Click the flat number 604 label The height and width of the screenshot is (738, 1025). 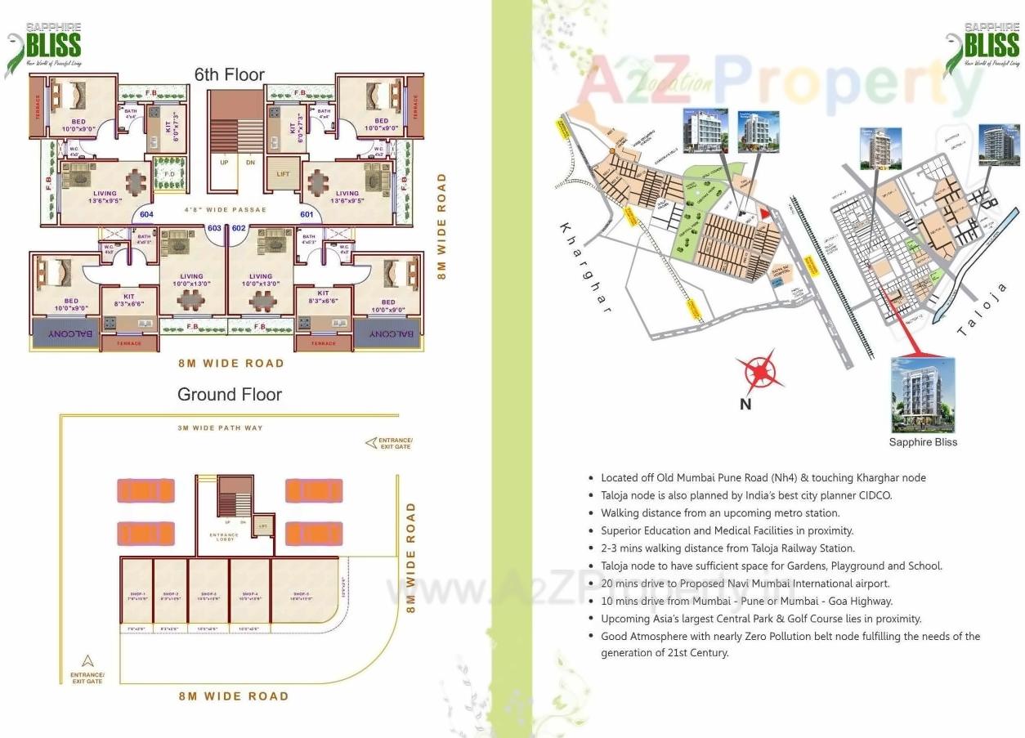[146, 215]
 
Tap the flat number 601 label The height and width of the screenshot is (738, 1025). [307, 215]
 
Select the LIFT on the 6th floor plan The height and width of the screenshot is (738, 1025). [283, 174]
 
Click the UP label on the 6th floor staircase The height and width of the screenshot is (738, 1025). [222, 163]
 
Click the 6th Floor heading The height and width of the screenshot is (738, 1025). [229, 74]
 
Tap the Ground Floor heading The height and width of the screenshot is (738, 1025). [229, 395]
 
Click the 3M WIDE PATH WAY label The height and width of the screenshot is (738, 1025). [221, 428]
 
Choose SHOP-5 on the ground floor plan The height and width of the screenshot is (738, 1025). [303, 594]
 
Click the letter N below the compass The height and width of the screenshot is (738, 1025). [745, 404]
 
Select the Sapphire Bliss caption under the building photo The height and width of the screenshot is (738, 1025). [923, 442]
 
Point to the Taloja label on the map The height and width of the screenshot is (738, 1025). [982, 311]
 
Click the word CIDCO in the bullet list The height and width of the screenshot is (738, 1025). [874, 495]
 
